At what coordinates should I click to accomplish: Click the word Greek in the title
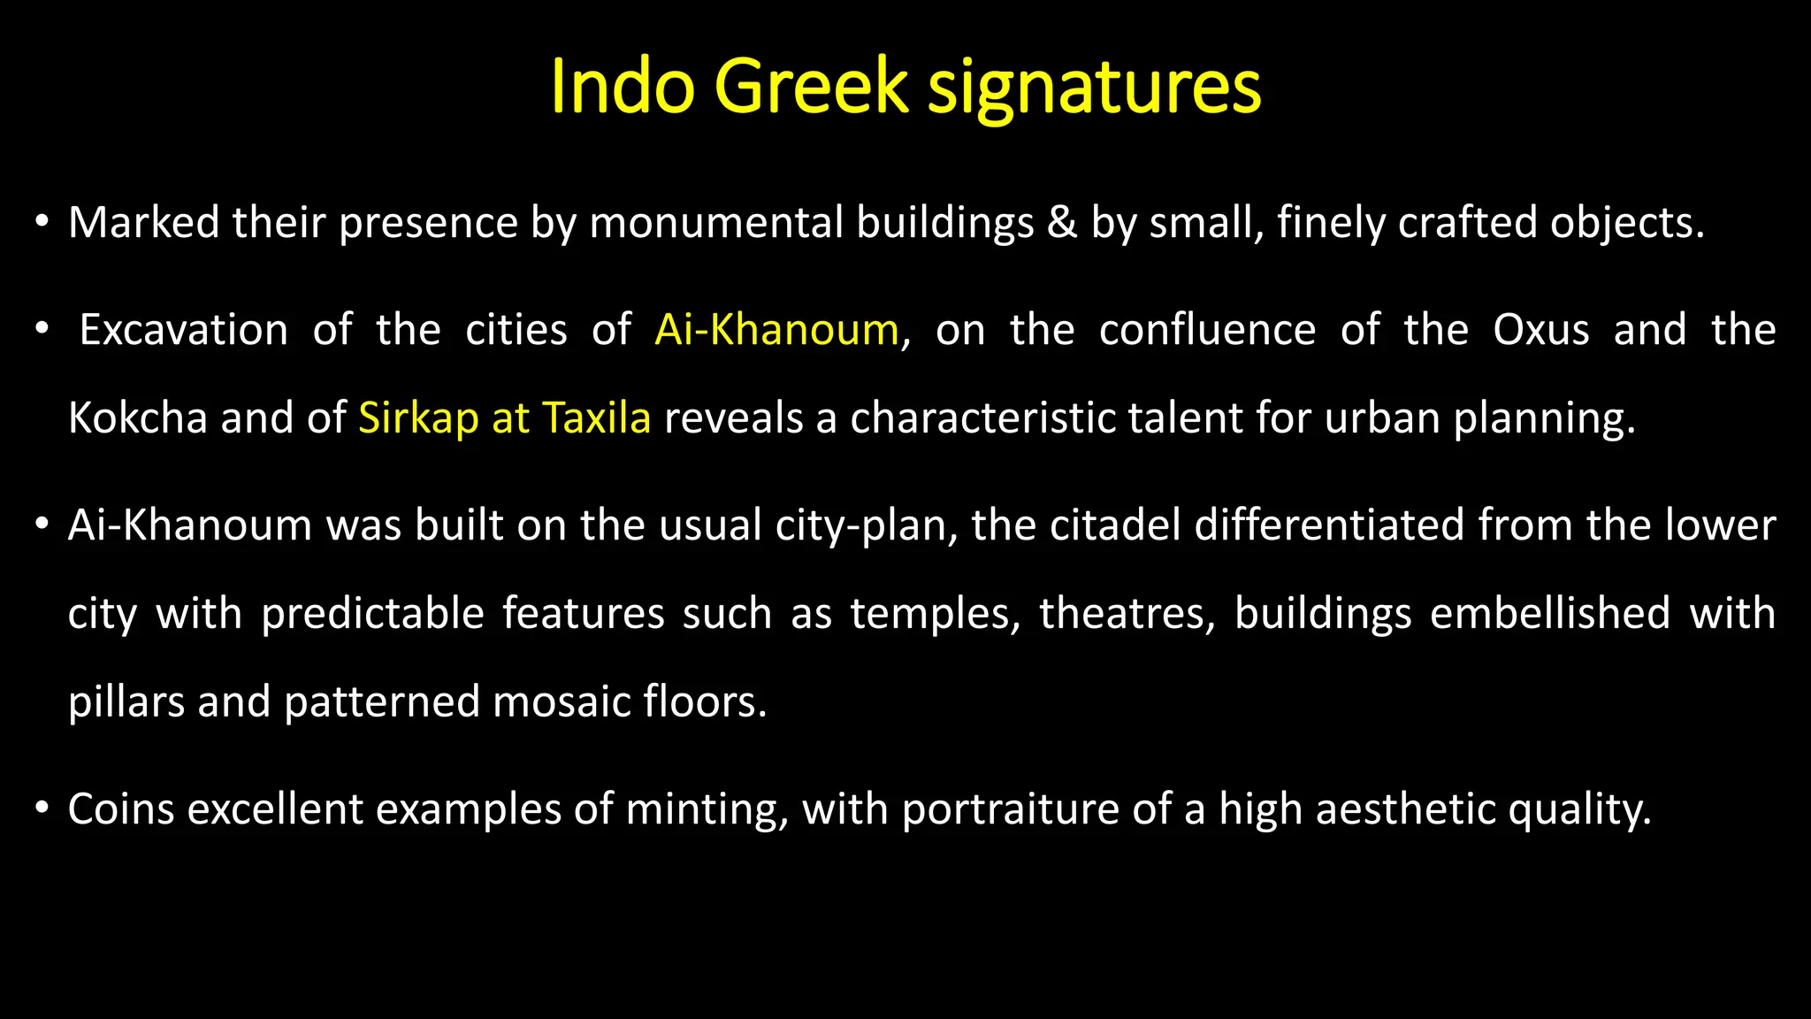811,87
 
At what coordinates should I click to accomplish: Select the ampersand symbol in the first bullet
1062,223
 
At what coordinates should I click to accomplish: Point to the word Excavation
184,331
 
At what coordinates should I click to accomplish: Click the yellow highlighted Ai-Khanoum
776,331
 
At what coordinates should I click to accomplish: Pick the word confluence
1207,331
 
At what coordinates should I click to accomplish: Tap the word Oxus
1540,331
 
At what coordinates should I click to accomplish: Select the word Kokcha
137,418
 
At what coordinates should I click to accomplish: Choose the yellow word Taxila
597,418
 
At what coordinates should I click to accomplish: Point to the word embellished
1549,614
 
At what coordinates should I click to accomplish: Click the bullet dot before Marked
42,221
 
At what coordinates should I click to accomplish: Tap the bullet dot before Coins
42,808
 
